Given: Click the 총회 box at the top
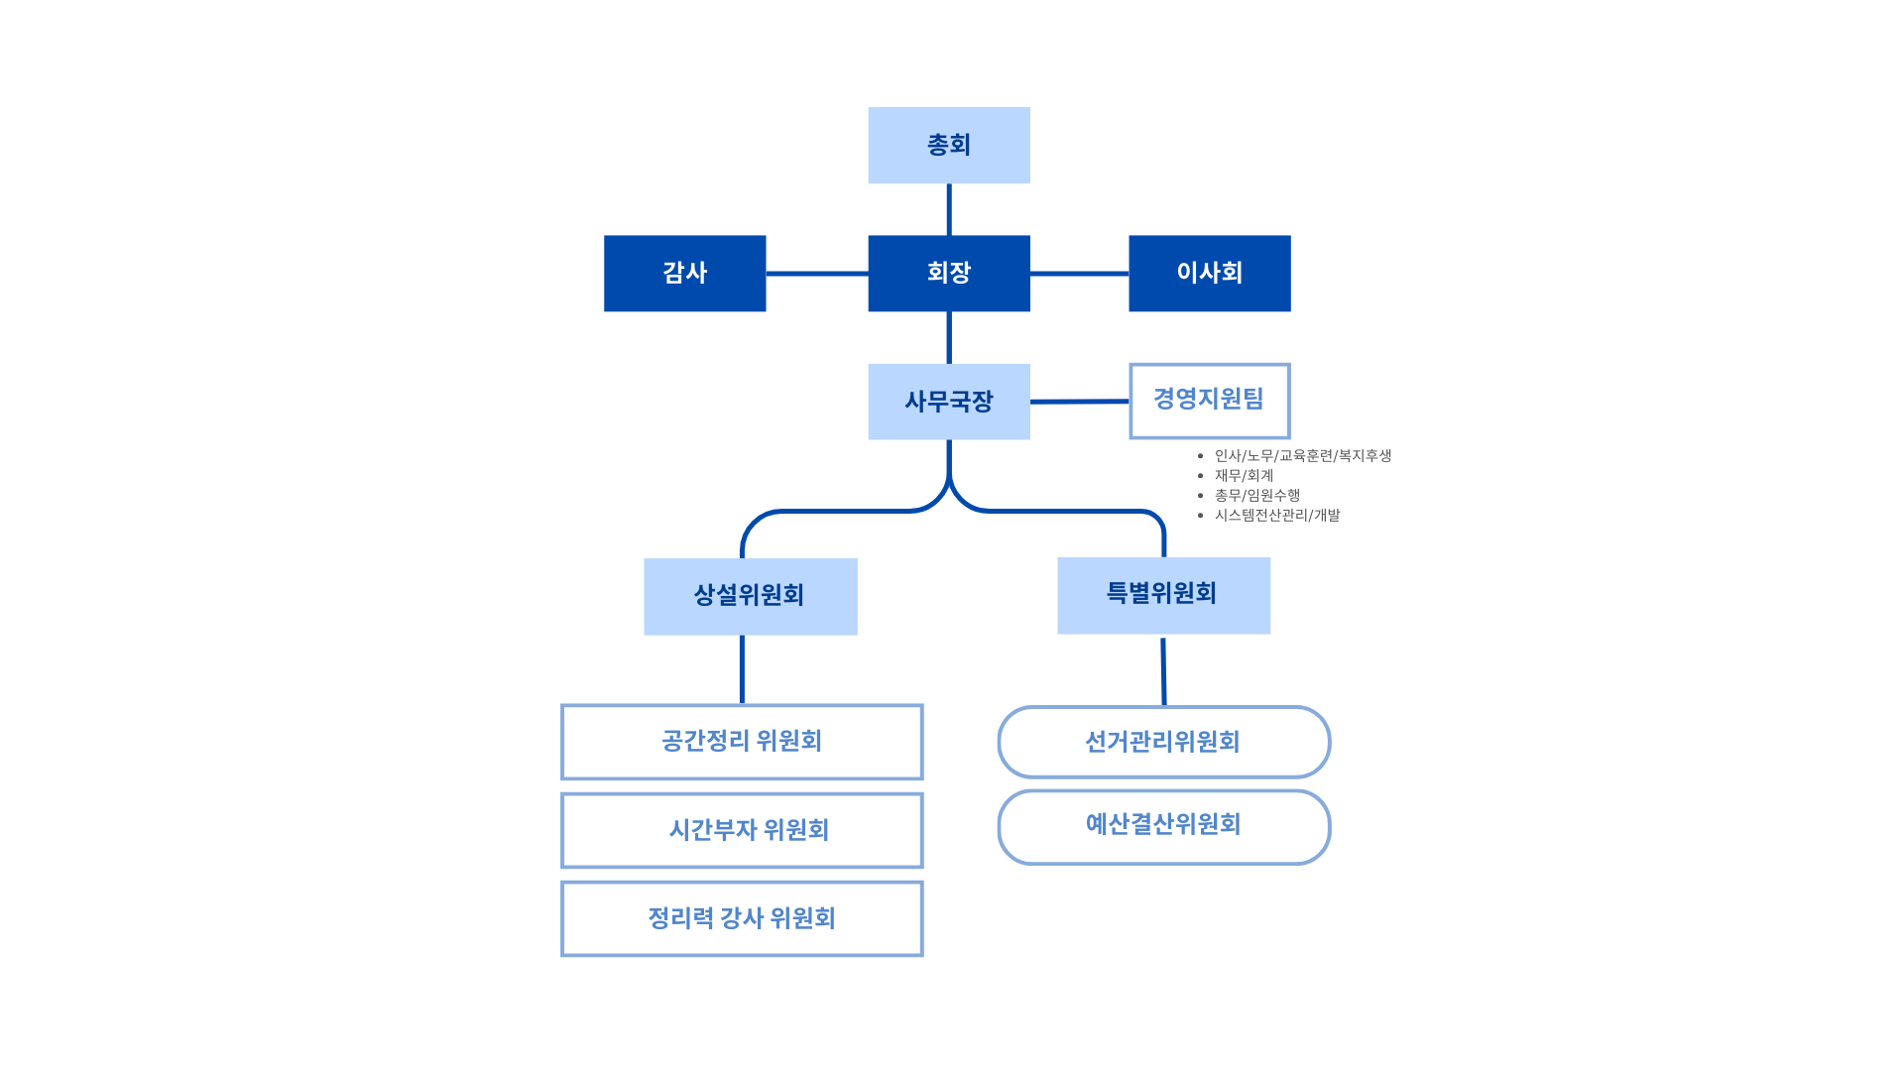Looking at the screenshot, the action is tap(949, 145).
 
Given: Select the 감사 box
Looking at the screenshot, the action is tap(685, 274).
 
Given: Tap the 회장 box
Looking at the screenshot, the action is tap(949, 274).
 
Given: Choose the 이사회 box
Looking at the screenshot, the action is tap(1210, 274).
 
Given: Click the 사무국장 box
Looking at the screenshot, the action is tap(949, 402).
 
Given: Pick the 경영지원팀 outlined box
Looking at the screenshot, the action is tap(1210, 401).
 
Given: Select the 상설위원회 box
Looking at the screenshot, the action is tap(751, 596).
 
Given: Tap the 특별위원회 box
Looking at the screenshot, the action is tap(1164, 595).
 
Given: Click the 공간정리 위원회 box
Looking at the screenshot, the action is tap(742, 742).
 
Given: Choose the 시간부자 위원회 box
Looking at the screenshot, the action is tap(742, 830).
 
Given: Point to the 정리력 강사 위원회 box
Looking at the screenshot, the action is tap(742, 919).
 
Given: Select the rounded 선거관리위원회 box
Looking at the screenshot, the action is tap(1164, 742).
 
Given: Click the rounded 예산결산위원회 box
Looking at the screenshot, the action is tap(1164, 827).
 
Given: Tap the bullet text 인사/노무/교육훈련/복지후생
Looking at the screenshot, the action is tap(1303, 455).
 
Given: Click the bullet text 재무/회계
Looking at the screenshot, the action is tap(1244, 475).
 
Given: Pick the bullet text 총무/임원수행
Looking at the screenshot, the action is tap(1256, 495).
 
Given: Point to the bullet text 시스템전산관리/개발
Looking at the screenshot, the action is tap(1277, 515).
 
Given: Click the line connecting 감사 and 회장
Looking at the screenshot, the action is tap(817, 274).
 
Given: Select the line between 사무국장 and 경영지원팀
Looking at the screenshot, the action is tap(1080, 402).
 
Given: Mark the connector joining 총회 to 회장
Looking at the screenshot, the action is tap(949, 209).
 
